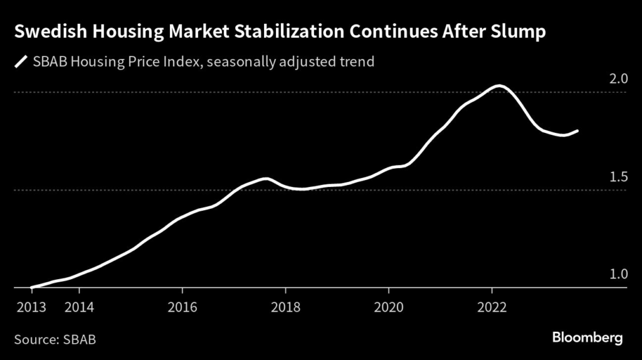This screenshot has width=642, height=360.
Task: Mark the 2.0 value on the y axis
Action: click(x=619, y=79)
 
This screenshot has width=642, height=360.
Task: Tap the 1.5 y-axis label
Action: click(x=619, y=177)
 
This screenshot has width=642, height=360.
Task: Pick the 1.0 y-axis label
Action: click(x=619, y=275)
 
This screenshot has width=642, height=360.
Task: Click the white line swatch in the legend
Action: click(x=21, y=62)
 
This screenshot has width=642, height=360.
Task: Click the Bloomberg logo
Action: click(x=587, y=338)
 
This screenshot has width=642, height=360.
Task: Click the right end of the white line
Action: click(x=577, y=130)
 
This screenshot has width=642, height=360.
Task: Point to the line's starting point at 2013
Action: click(x=31, y=287)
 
